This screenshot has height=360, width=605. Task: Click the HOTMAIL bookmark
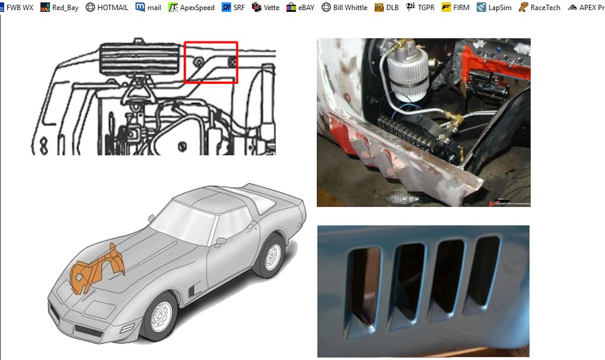(107, 8)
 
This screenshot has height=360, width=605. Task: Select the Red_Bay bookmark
(59, 8)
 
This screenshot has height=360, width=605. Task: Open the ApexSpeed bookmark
(191, 8)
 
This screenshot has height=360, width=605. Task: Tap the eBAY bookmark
(300, 8)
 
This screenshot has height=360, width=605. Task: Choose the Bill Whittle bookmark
(344, 8)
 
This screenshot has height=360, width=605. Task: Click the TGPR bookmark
(421, 8)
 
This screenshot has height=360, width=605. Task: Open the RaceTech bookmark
(539, 8)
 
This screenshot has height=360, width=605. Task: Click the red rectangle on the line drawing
(211, 62)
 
